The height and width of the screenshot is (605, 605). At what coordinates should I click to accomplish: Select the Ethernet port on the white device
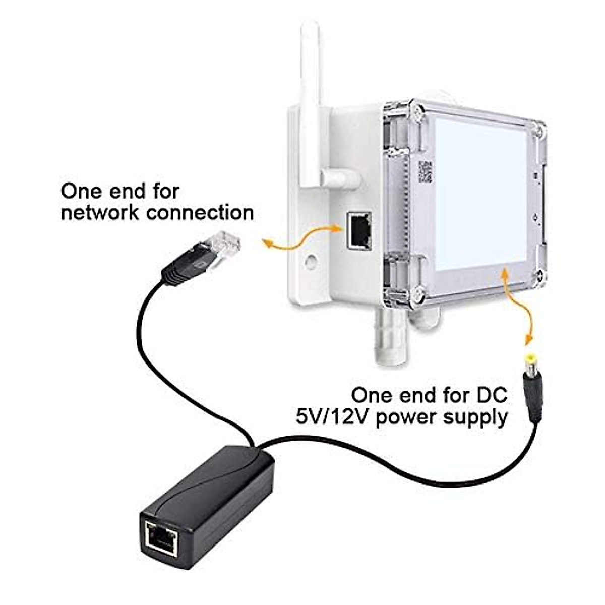tap(359, 231)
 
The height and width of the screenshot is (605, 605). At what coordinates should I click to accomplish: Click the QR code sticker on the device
tap(425, 172)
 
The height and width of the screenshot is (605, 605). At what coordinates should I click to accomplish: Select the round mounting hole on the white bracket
tap(311, 261)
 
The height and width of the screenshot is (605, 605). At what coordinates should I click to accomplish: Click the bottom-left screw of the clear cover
tap(418, 293)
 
